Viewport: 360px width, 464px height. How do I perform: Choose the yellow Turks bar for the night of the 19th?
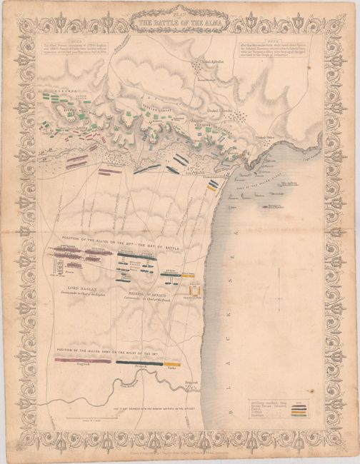(x=172, y=363)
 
